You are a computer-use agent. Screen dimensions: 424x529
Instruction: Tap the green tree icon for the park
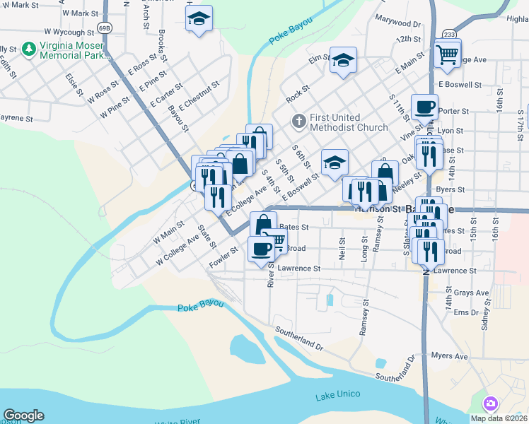(29, 49)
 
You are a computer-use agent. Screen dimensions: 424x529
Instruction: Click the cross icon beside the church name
(298, 122)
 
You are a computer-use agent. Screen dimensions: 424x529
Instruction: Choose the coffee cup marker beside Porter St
(424, 107)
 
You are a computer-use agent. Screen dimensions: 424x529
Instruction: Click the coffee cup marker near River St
(261, 249)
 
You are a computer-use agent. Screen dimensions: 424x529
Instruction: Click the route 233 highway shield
(448, 34)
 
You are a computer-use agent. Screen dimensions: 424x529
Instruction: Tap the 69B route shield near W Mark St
(105, 28)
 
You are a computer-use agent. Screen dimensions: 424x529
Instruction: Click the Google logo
(23, 416)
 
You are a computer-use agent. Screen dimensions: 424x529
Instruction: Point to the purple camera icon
(490, 404)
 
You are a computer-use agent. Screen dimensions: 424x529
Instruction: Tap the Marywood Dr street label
(397, 23)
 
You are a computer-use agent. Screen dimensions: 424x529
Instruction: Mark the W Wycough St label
(69, 32)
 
